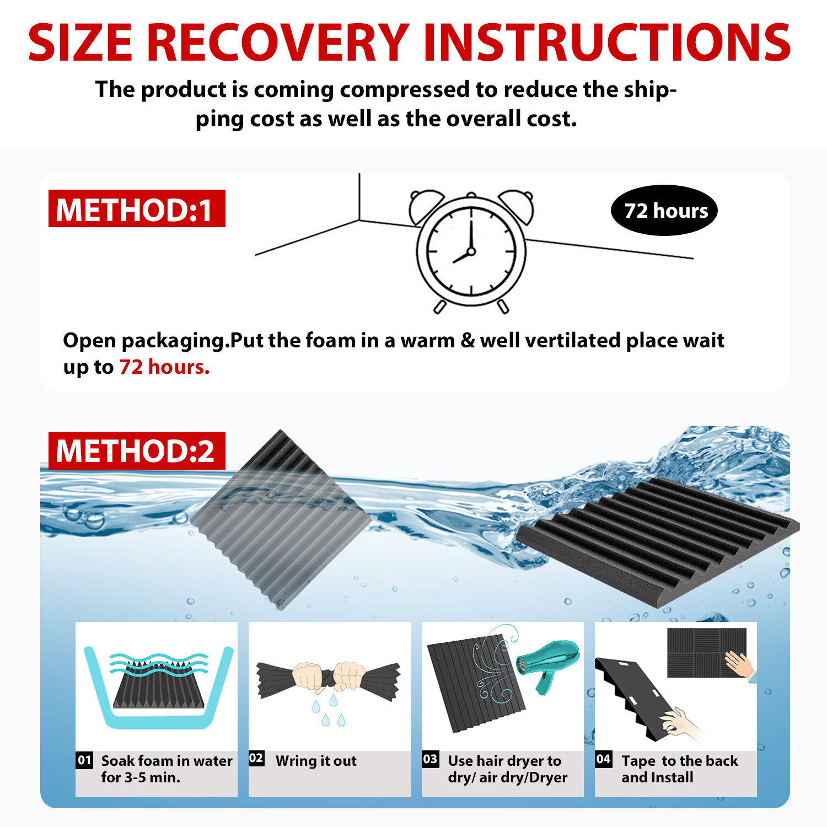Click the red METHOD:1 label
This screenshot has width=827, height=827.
click(137, 209)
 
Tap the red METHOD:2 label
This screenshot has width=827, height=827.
click(137, 451)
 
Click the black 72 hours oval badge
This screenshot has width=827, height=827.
click(664, 211)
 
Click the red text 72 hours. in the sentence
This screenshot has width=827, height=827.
click(164, 367)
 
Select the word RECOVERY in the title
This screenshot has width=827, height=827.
click(278, 43)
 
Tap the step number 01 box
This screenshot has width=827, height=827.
click(84, 760)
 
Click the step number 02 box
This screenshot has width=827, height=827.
click(256, 758)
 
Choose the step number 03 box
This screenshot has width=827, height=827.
click(430, 759)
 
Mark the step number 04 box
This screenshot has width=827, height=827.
click(604, 759)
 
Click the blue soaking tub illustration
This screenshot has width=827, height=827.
click(159, 689)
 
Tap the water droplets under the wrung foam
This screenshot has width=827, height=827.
click(329, 711)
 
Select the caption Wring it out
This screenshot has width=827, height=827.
click(316, 761)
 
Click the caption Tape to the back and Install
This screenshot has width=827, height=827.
click(679, 769)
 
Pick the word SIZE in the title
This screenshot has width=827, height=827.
click(80, 43)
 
